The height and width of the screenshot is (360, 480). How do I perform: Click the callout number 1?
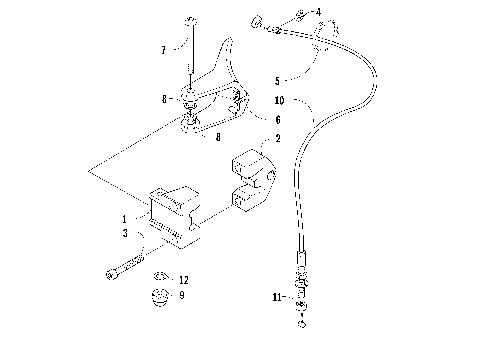125,218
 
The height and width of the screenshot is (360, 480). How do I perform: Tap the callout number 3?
125,233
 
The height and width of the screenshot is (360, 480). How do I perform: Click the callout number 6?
263,118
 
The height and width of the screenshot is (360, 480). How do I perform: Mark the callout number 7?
162,48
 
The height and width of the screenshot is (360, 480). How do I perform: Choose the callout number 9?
181,295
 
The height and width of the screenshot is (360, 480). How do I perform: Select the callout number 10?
278,100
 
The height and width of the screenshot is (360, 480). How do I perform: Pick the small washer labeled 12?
158,277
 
